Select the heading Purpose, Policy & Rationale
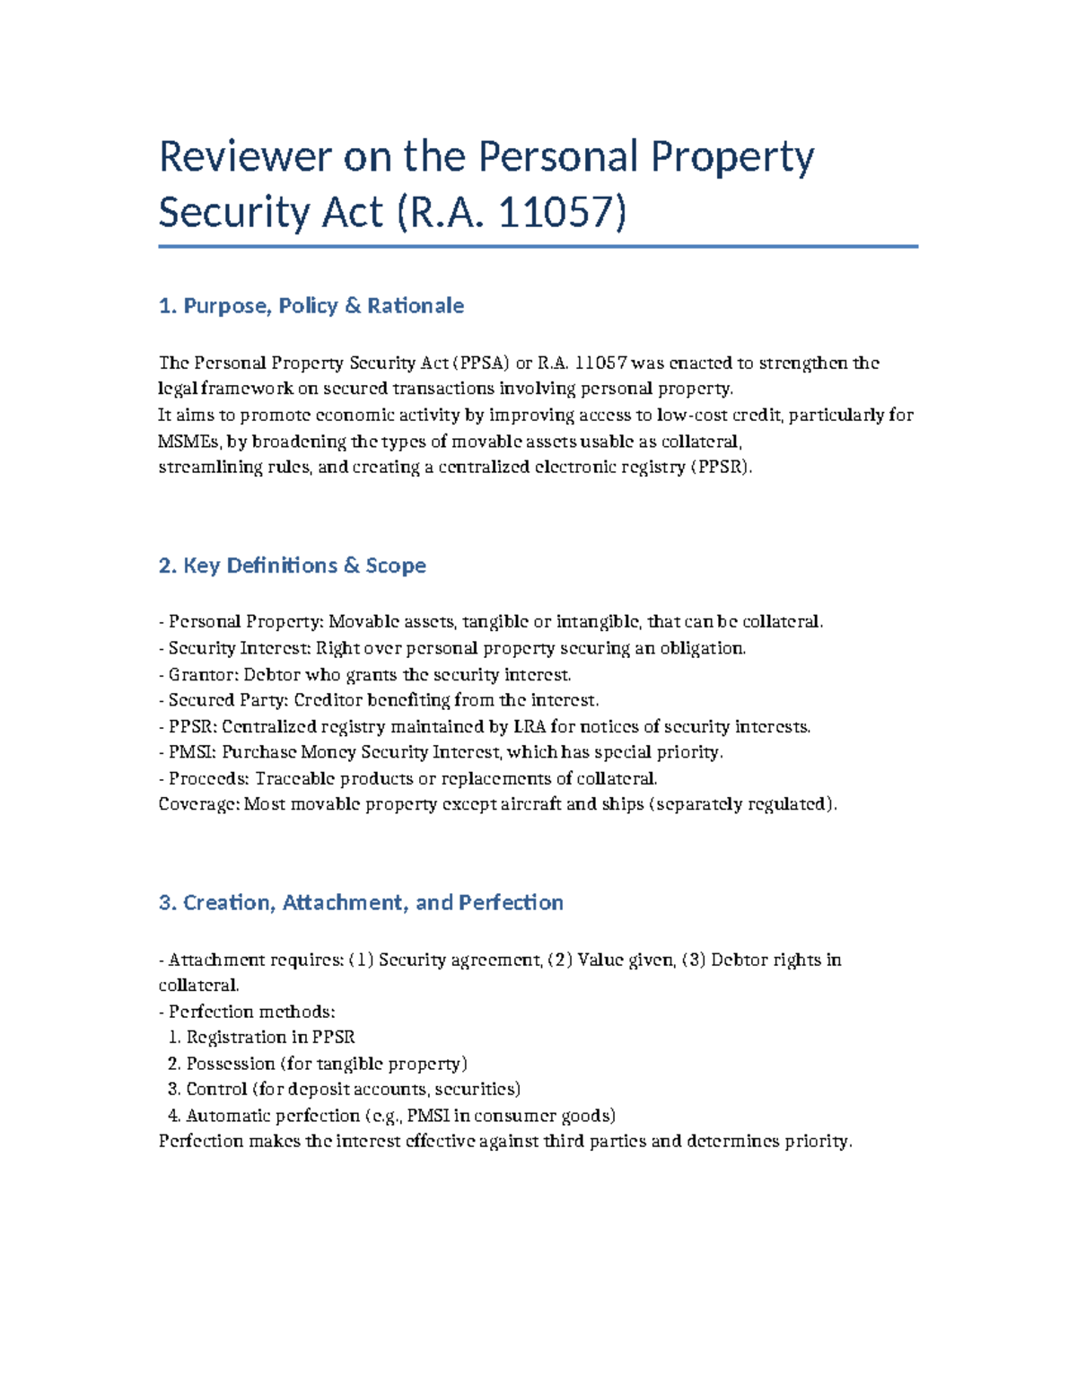(x=311, y=306)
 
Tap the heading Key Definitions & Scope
(x=293, y=565)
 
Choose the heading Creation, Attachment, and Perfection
(x=361, y=903)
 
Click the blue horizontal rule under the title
(x=538, y=246)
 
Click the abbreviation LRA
(x=528, y=727)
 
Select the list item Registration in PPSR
(x=270, y=1038)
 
